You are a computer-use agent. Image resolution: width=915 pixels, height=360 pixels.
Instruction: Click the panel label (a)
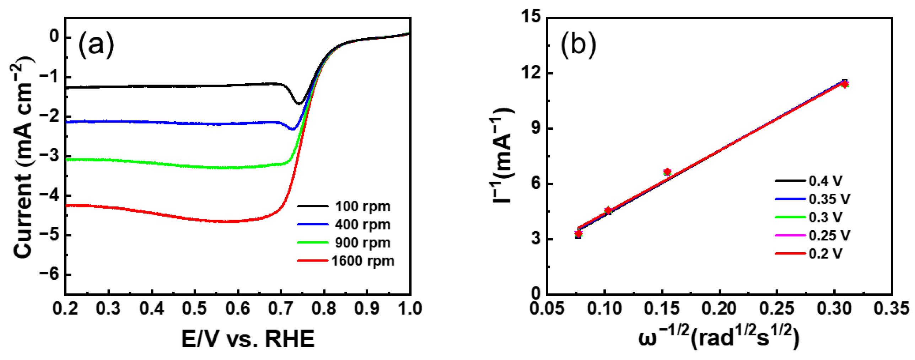pyautogui.click(x=96, y=45)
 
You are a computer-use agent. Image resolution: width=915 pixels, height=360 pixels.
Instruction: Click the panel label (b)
pyautogui.click(x=578, y=45)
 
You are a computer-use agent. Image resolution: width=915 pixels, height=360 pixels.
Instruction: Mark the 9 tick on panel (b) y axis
pyautogui.click(x=536, y=128)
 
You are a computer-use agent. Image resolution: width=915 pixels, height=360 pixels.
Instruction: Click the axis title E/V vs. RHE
pyautogui.click(x=248, y=339)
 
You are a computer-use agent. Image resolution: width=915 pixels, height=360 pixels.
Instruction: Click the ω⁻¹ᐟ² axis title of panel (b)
pyautogui.click(x=718, y=338)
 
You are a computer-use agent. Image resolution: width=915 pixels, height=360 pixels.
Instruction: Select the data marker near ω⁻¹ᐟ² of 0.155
pyautogui.click(x=667, y=172)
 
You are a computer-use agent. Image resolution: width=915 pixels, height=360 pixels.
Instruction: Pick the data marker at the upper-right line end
pyautogui.click(x=844, y=84)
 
